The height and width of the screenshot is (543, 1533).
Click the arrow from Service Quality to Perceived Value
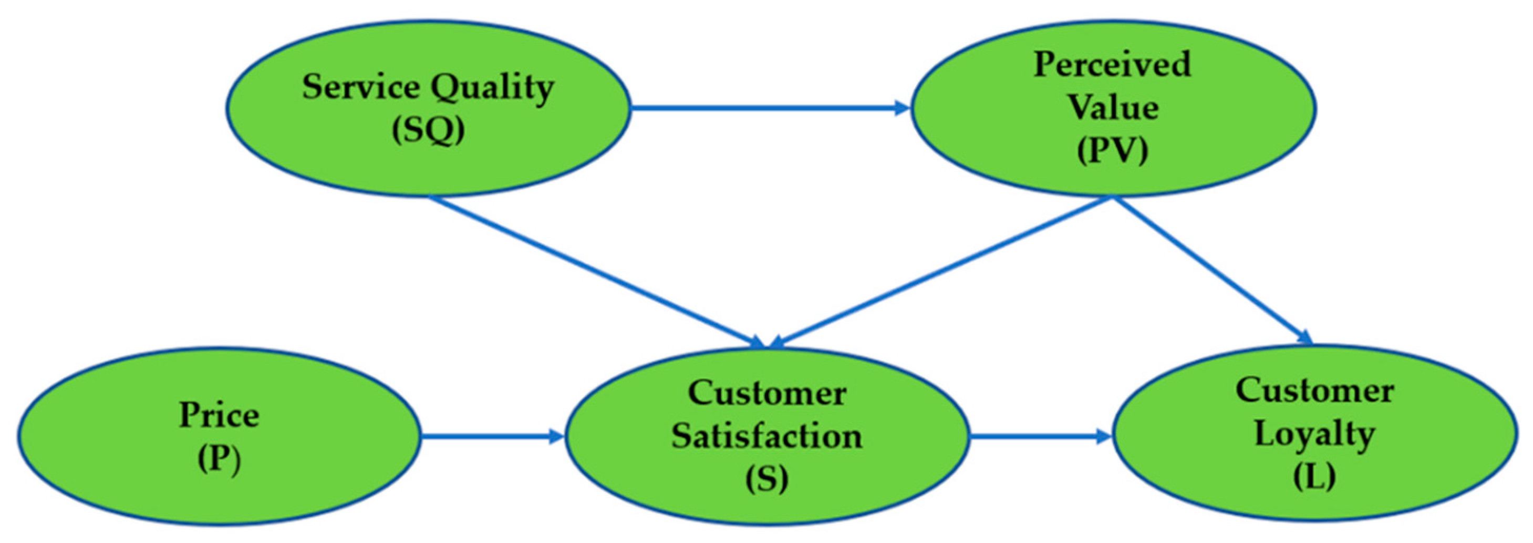pos(768,108)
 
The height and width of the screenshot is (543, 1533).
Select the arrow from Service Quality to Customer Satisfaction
pos(595,271)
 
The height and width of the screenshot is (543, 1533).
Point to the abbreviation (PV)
pos(1112,151)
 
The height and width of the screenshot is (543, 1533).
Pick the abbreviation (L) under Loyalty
pos(1314,476)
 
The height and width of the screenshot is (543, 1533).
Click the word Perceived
pos(1112,64)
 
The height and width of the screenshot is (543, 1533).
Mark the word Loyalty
pos(1314,434)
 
